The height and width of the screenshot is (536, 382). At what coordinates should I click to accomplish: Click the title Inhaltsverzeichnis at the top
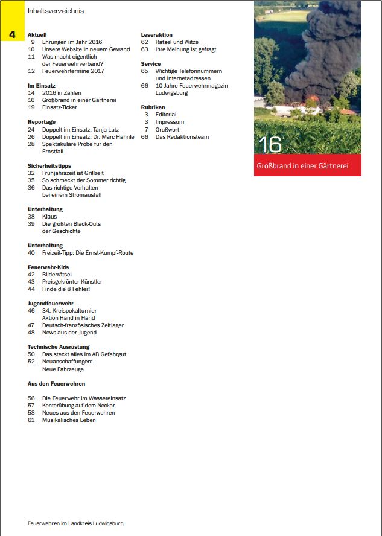tap(56, 11)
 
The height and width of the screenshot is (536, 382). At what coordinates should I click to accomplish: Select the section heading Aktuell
tap(37, 35)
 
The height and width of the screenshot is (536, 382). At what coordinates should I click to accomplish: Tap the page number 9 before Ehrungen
tap(32, 42)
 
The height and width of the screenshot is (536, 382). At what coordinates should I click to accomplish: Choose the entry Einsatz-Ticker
tap(60, 107)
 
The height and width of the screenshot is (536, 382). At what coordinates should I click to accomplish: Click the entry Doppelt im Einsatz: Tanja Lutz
tap(81, 129)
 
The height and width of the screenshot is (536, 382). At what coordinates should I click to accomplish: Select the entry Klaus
tap(49, 216)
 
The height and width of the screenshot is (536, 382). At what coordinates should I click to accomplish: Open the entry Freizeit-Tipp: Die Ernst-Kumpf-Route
tap(88, 253)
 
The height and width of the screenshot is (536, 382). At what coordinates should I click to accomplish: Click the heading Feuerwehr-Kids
tap(48, 267)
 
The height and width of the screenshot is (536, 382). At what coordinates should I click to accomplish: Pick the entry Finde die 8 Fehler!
tap(66, 289)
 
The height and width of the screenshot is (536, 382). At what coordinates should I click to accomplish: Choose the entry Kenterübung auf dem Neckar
tap(78, 406)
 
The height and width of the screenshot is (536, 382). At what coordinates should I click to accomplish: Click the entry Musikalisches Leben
tap(69, 420)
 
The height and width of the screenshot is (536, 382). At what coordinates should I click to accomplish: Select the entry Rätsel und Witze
tap(177, 42)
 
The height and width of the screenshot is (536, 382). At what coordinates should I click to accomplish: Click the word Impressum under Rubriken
tap(170, 122)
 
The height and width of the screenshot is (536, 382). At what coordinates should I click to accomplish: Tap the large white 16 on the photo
tap(270, 145)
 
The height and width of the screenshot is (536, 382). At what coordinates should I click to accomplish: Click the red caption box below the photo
tap(307, 165)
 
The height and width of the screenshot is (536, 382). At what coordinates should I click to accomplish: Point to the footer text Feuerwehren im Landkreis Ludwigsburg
tap(75, 523)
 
